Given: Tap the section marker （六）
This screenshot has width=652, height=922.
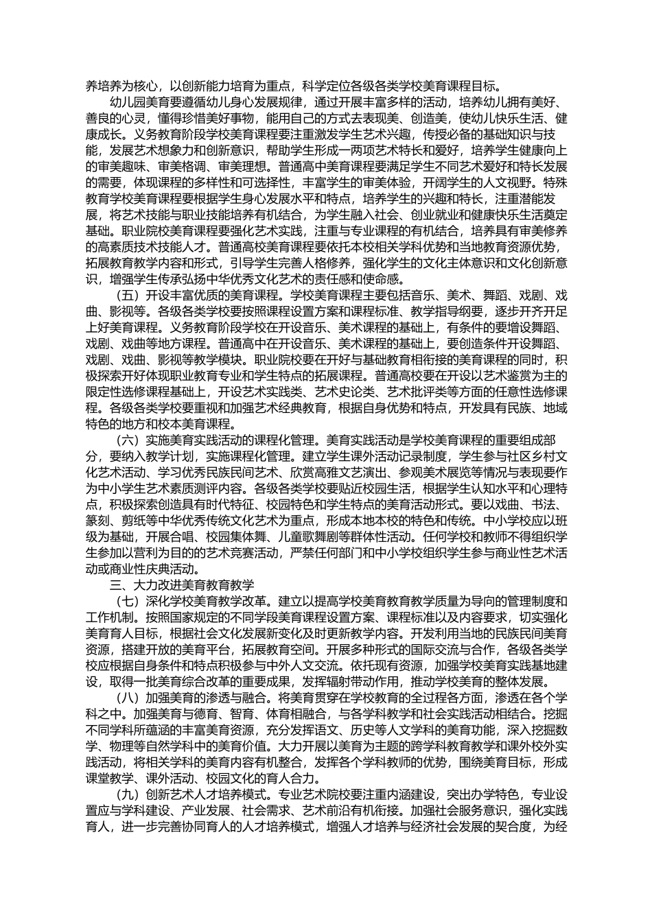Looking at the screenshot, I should tap(126, 440).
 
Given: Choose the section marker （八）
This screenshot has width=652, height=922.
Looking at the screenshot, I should tap(126, 698).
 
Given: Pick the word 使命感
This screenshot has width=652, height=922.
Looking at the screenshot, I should tap(386, 279).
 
